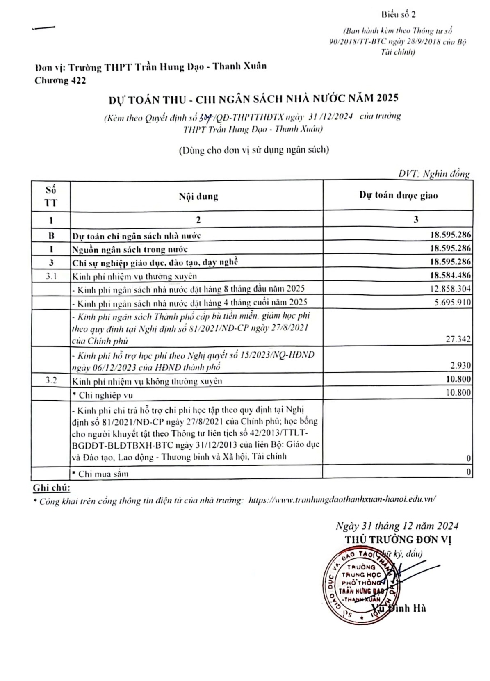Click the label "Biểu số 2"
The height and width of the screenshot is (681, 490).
click(398, 15)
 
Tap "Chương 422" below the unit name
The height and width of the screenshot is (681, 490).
click(60, 81)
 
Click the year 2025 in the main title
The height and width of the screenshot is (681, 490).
click(387, 98)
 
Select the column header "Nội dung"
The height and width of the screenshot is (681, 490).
click(198, 196)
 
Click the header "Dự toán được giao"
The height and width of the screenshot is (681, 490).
click(398, 196)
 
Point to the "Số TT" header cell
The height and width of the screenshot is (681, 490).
click(51, 196)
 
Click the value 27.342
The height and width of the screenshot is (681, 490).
click(458, 339)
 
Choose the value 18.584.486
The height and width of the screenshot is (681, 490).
click(450, 276)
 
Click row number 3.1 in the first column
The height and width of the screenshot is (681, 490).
click(51, 276)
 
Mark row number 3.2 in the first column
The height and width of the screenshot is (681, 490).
click(51, 380)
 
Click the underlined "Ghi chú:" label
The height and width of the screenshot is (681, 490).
click(52, 488)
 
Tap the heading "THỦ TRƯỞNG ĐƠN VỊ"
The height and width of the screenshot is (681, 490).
click(398, 540)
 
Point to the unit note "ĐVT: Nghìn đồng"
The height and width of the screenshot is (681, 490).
click(434, 174)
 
